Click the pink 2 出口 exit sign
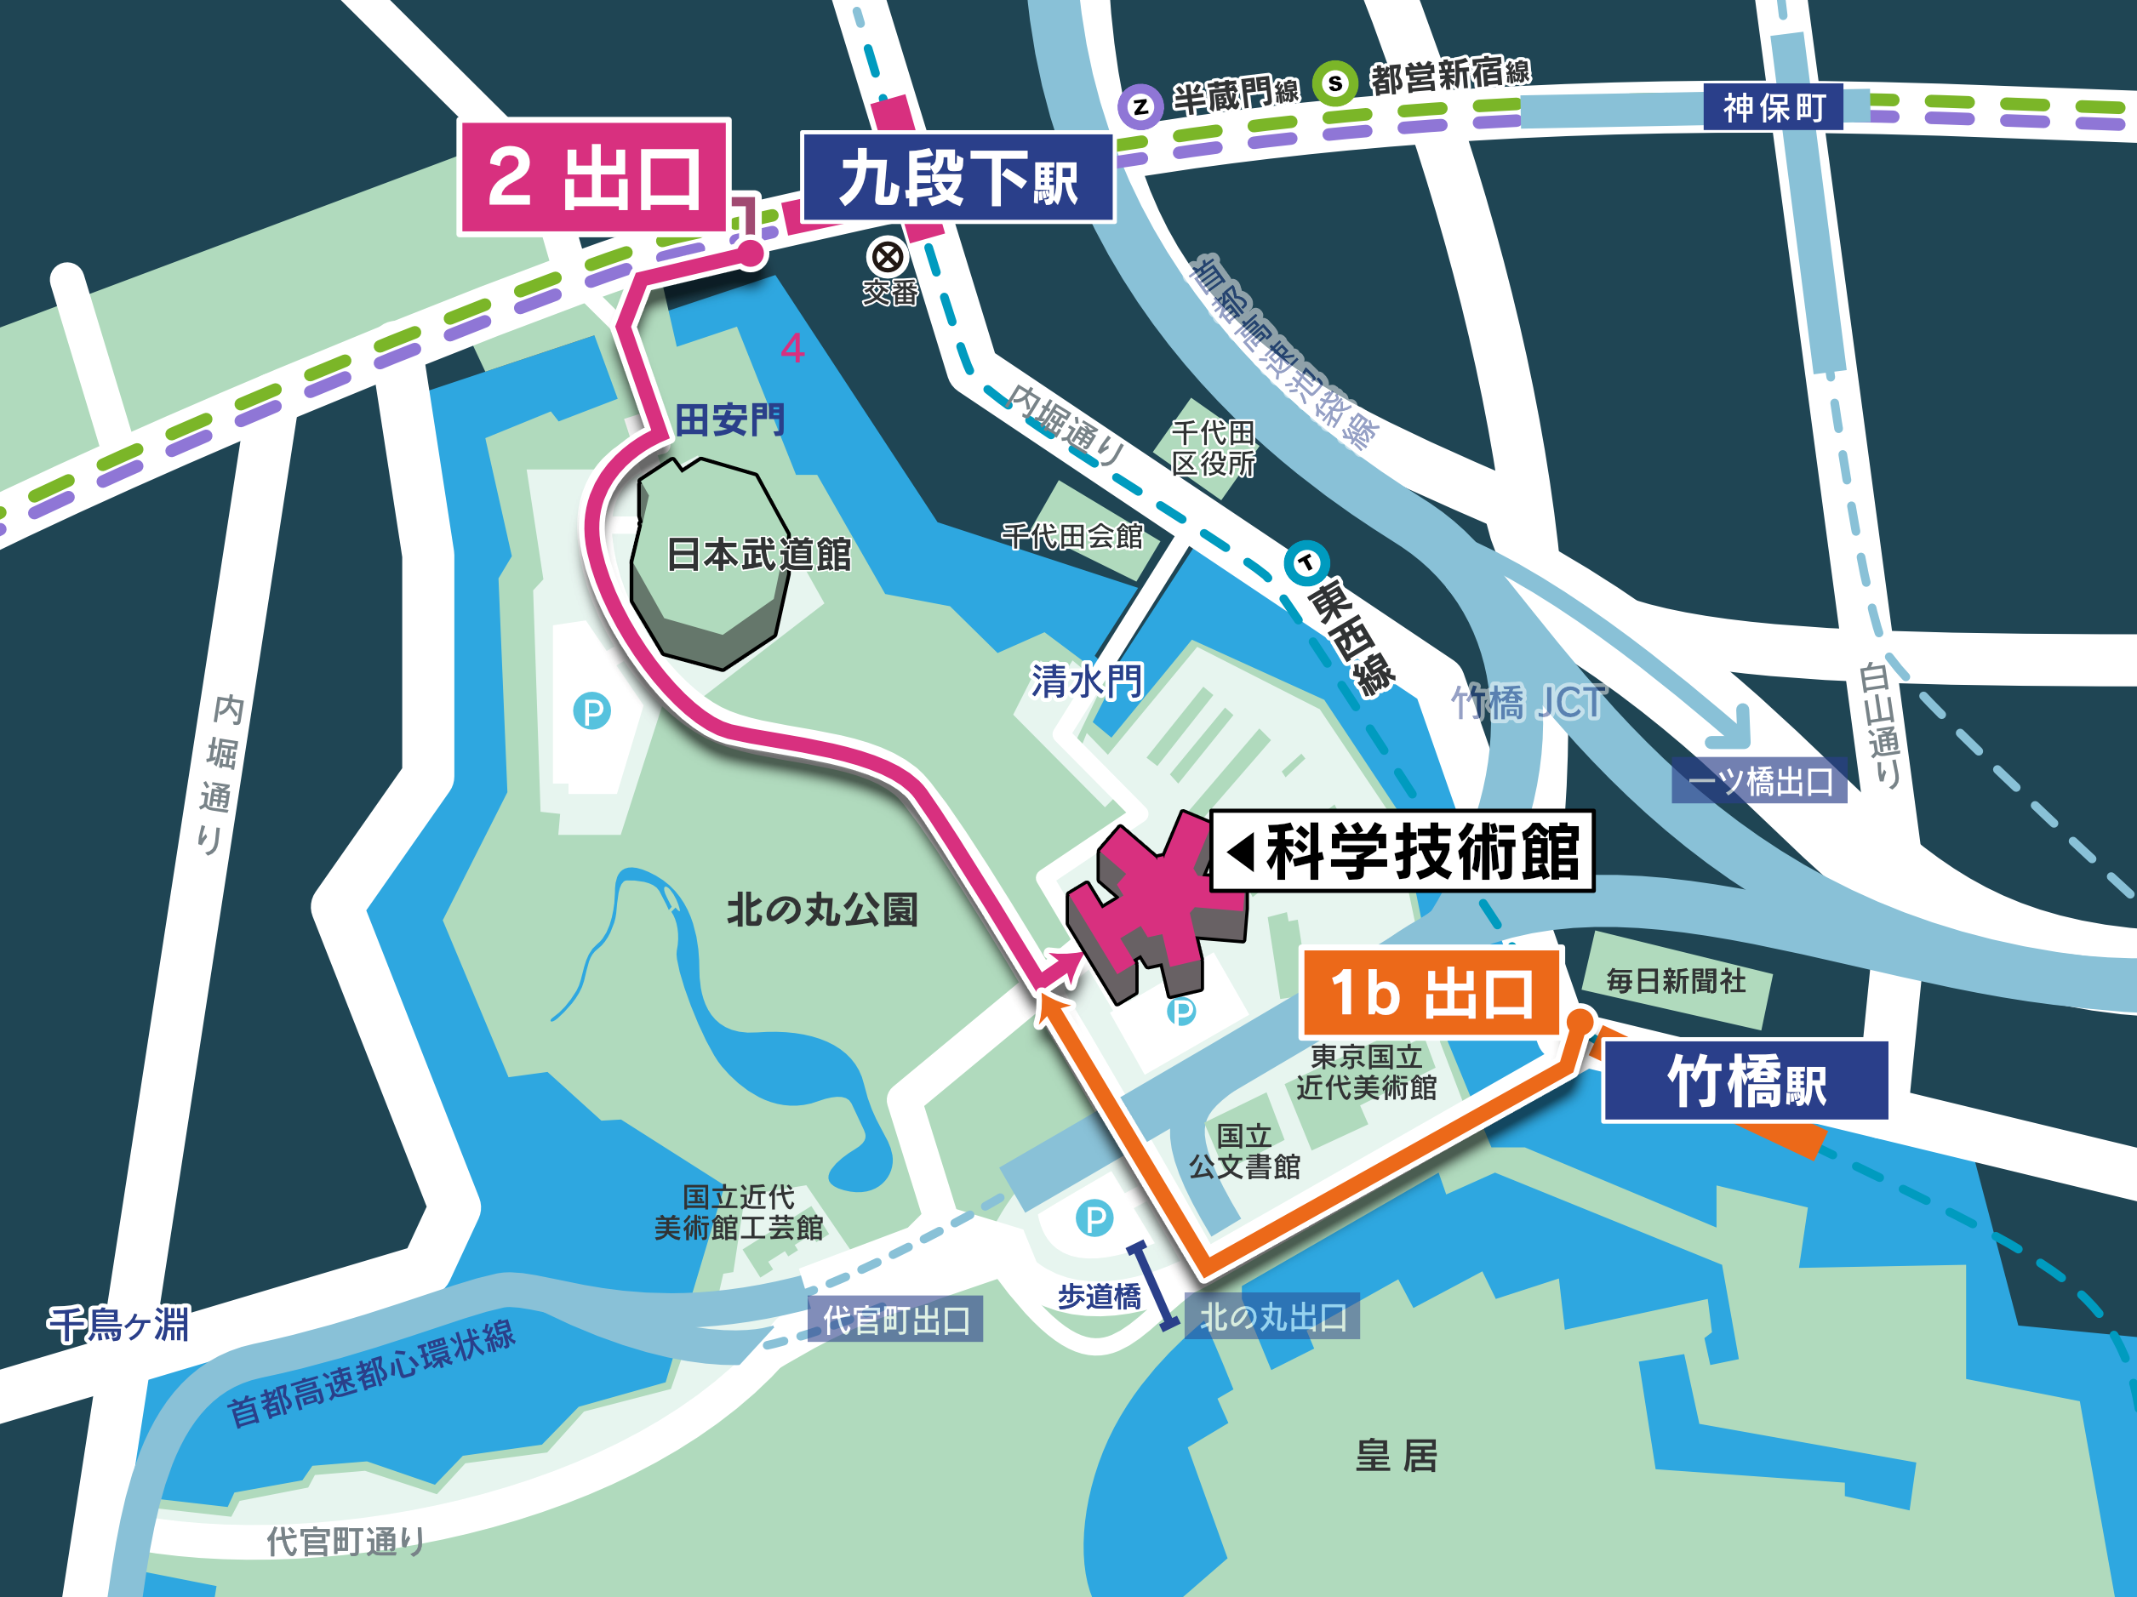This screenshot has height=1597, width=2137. [593, 177]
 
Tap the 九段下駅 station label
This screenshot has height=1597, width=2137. [957, 179]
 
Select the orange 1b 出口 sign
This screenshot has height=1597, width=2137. [1430, 992]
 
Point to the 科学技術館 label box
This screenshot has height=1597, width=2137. [1402, 851]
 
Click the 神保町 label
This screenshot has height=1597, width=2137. [1773, 107]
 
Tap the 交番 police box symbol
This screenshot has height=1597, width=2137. [887, 257]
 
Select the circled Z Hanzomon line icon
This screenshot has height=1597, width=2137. [1141, 106]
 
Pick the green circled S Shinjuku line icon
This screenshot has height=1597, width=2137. [1335, 83]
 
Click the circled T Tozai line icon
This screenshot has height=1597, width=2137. [1306, 562]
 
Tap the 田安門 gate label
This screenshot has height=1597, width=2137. [729, 420]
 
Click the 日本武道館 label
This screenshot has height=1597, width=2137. [758, 555]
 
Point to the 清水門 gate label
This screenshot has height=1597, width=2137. [1087, 682]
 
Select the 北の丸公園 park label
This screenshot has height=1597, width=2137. [822, 910]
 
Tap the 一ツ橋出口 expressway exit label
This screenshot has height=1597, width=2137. [1759, 780]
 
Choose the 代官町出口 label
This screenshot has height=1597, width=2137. [895, 1319]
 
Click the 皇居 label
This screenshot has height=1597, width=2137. [1396, 1455]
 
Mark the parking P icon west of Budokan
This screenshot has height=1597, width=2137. [591, 711]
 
